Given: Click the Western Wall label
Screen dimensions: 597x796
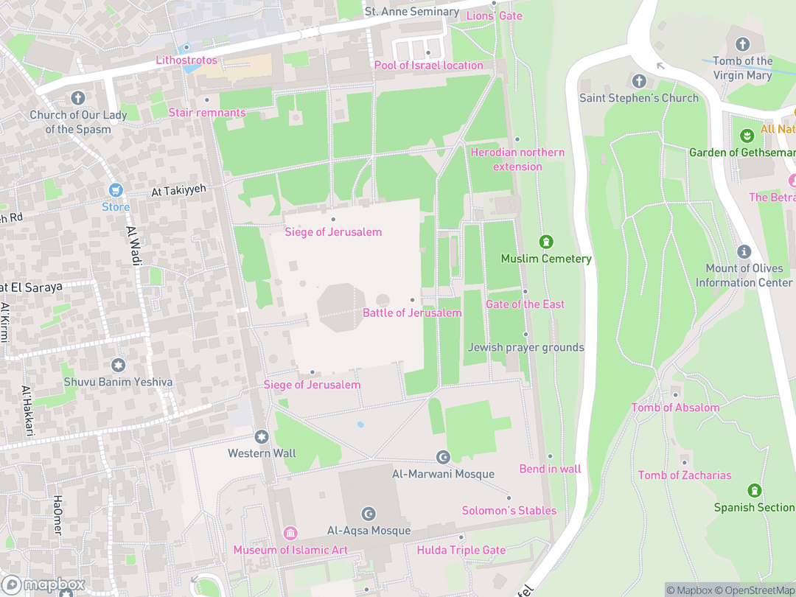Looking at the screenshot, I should click(x=262, y=453).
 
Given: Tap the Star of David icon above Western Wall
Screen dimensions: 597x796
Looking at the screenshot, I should click(x=261, y=437).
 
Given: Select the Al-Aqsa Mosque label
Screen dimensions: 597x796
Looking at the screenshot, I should click(x=369, y=531).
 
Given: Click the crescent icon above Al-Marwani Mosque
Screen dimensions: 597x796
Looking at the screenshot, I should click(x=443, y=458).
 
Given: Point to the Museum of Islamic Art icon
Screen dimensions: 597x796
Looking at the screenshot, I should click(x=290, y=533).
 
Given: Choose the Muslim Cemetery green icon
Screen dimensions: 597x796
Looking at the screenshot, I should click(x=546, y=242).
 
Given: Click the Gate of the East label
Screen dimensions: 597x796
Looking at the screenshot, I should click(x=525, y=304).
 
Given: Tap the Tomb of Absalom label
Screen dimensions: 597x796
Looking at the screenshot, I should click(x=675, y=408).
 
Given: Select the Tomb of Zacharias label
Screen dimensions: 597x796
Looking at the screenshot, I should click(x=685, y=475).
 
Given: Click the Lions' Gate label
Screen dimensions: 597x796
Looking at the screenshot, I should click(x=494, y=16).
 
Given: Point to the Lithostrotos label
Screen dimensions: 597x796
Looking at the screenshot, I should click(x=186, y=60).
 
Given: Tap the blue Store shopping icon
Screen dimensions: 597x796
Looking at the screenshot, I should click(x=115, y=190).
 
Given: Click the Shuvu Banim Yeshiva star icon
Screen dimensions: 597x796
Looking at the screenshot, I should click(x=118, y=365).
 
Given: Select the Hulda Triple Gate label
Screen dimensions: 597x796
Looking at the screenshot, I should click(x=461, y=551).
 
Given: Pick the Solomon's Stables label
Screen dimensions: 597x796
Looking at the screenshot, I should click(x=509, y=511).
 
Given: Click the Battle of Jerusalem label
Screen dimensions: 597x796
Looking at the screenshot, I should click(x=412, y=313).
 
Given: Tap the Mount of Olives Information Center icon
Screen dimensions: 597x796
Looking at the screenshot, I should click(x=744, y=252).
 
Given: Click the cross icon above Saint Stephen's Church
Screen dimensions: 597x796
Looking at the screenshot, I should click(x=639, y=81).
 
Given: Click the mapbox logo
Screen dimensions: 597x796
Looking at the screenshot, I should click(x=43, y=585).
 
